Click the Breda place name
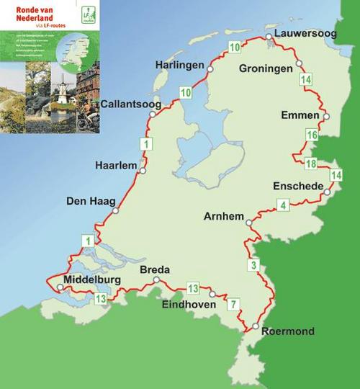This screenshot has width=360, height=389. (x=154, y=270)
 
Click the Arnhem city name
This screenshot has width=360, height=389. (x=225, y=215)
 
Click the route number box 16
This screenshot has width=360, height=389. (x=312, y=135)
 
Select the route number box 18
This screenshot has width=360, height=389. (x=310, y=163)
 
